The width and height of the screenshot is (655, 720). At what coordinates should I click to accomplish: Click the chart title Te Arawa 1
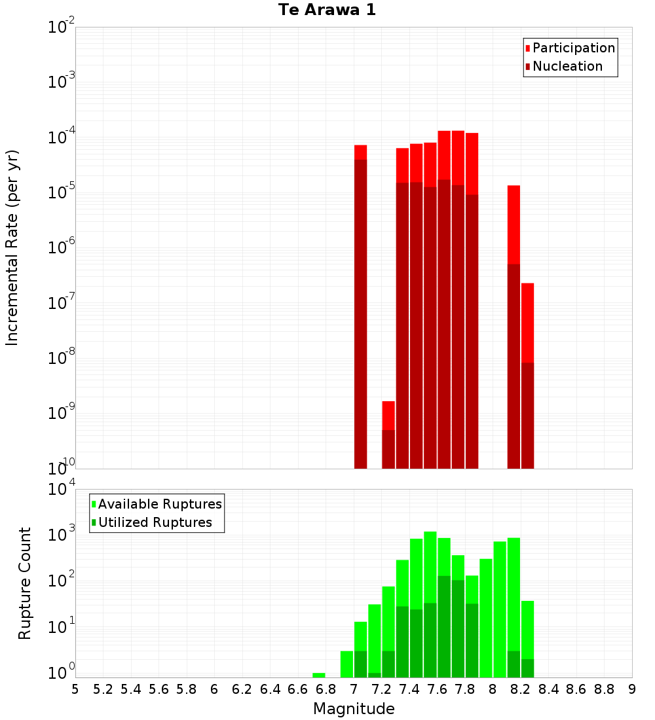tap(327, 10)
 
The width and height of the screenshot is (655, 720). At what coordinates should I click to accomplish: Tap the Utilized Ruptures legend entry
tap(155, 522)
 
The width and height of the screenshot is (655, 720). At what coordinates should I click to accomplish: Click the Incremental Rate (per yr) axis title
tap(12, 247)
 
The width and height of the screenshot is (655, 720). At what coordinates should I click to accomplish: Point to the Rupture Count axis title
tap(25, 583)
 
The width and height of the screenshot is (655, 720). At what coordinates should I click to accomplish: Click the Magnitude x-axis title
tap(354, 709)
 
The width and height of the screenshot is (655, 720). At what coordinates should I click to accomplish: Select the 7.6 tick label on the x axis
tap(437, 689)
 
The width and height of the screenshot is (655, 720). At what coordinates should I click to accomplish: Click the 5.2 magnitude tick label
tap(103, 689)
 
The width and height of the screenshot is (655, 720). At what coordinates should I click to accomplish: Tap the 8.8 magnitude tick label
tap(604, 689)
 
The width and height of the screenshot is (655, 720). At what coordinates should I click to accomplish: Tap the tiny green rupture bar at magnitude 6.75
tap(319, 675)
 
